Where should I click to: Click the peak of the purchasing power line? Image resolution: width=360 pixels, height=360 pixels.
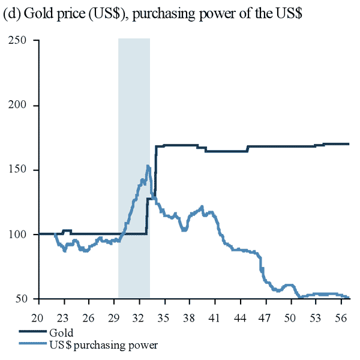[x=148, y=166]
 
